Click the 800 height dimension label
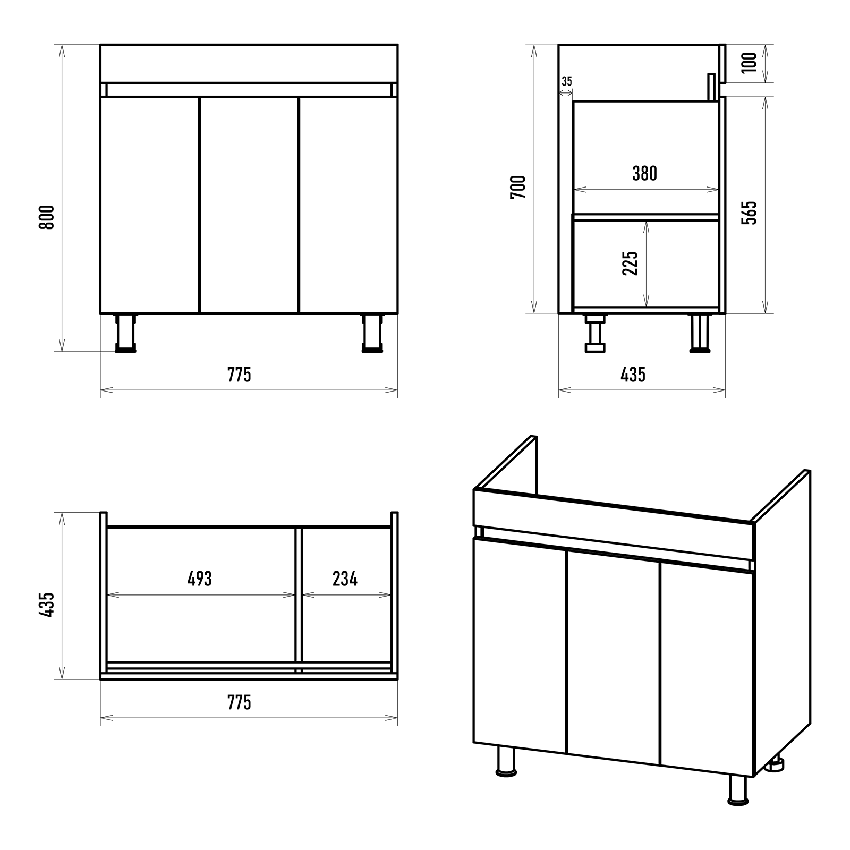coord(47,217)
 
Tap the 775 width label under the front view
coord(239,375)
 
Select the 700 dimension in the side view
coord(517,187)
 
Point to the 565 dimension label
coord(749,212)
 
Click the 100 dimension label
coord(749,63)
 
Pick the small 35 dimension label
coord(567,81)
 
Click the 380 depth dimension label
coord(644,173)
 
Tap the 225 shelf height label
coord(630,263)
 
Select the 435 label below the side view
coord(633,375)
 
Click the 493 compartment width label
coord(200,579)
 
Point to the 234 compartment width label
coord(345,579)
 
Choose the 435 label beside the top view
coord(47,605)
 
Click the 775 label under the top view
coord(239,703)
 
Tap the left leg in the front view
coord(126,333)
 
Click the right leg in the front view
coord(372,333)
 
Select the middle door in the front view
coord(249,205)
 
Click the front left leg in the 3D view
coord(506,762)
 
